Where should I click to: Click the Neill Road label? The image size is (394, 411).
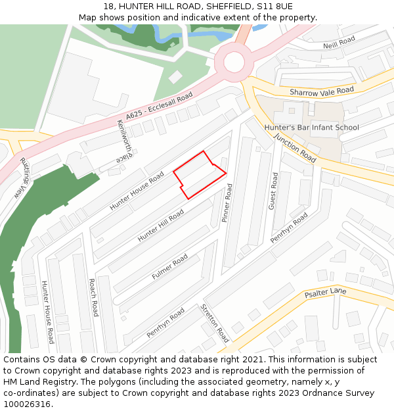[339, 43]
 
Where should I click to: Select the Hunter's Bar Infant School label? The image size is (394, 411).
[311, 127]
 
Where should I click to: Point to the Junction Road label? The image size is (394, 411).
[295, 148]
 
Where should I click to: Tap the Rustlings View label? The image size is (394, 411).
[24, 179]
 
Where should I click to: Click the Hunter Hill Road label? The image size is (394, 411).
[160, 226]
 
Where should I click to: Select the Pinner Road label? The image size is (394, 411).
[228, 203]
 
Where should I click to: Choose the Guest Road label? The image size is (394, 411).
[273, 191]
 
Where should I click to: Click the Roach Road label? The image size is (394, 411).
[93, 297]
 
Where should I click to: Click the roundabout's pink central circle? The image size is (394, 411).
[234, 62]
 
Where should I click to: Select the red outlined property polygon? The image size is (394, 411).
[200, 175]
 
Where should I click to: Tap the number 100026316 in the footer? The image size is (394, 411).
[28, 404]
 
